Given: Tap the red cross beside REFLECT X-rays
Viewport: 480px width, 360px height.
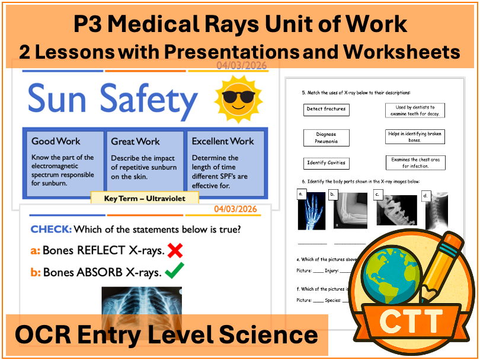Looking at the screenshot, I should click(175, 251).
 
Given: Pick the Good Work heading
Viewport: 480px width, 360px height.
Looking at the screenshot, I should click(56, 141).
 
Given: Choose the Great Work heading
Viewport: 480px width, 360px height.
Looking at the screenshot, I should click(135, 141).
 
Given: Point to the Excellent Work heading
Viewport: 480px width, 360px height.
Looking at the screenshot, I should click(222, 141).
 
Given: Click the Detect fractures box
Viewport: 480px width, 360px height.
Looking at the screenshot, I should click(326, 110).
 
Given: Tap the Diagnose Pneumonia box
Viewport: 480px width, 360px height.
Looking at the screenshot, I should click(326, 138).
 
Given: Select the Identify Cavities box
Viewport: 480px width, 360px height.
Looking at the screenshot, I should click(326, 163).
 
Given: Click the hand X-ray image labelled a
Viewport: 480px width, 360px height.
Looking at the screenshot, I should click(312, 211).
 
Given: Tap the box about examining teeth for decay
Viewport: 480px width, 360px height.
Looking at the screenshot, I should click(415, 110).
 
